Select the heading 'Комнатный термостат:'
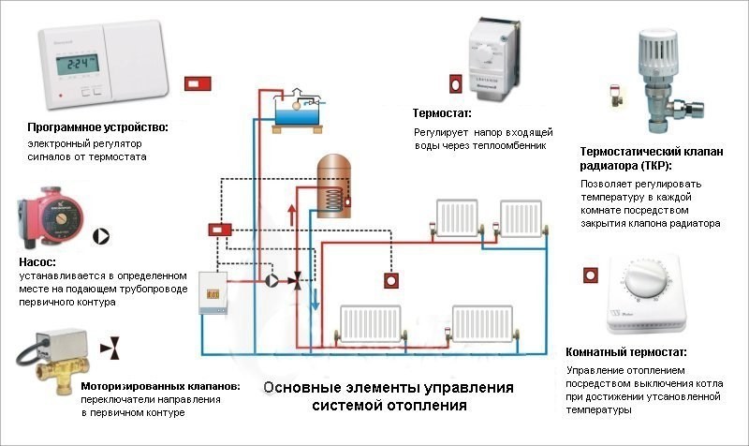pos(626,352)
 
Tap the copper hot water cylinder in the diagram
pos(332,186)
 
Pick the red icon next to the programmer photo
pos(198,83)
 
